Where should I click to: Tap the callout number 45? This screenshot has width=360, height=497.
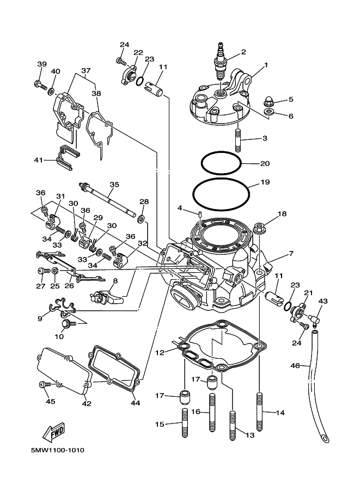(51, 402)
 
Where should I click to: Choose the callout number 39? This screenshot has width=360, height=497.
(41, 64)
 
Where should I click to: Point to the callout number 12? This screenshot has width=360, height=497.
(160, 353)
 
